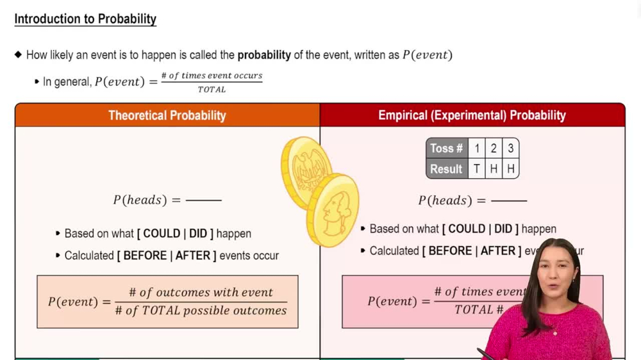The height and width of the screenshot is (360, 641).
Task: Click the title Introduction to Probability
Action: [85, 19]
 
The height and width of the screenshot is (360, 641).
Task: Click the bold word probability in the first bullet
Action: [264, 55]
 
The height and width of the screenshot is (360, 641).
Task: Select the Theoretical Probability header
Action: [167, 116]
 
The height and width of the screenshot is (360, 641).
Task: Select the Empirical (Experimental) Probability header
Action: [472, 116]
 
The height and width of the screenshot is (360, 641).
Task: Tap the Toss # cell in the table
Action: [447, 149]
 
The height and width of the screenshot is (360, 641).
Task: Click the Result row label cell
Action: [447, 169]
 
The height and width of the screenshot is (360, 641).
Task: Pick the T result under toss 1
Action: [477, 169]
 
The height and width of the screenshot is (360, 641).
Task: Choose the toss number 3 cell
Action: [510, 149]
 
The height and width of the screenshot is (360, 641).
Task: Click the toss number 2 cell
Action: [494, 149]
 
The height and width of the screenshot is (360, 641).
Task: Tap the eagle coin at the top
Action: [306, 170]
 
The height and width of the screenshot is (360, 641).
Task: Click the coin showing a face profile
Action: [332, 209]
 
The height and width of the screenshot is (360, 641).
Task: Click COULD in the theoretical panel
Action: [161, 234]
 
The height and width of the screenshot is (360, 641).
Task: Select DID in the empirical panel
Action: [503, 229]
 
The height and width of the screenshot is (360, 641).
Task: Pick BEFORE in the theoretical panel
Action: [145, 256]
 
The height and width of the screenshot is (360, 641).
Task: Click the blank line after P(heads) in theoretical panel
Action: [203, 200]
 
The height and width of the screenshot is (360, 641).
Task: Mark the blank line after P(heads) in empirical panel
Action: [508, 201]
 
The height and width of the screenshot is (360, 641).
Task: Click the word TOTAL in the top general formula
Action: [212, 90]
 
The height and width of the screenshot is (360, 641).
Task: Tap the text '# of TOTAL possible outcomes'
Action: [201, 311]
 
